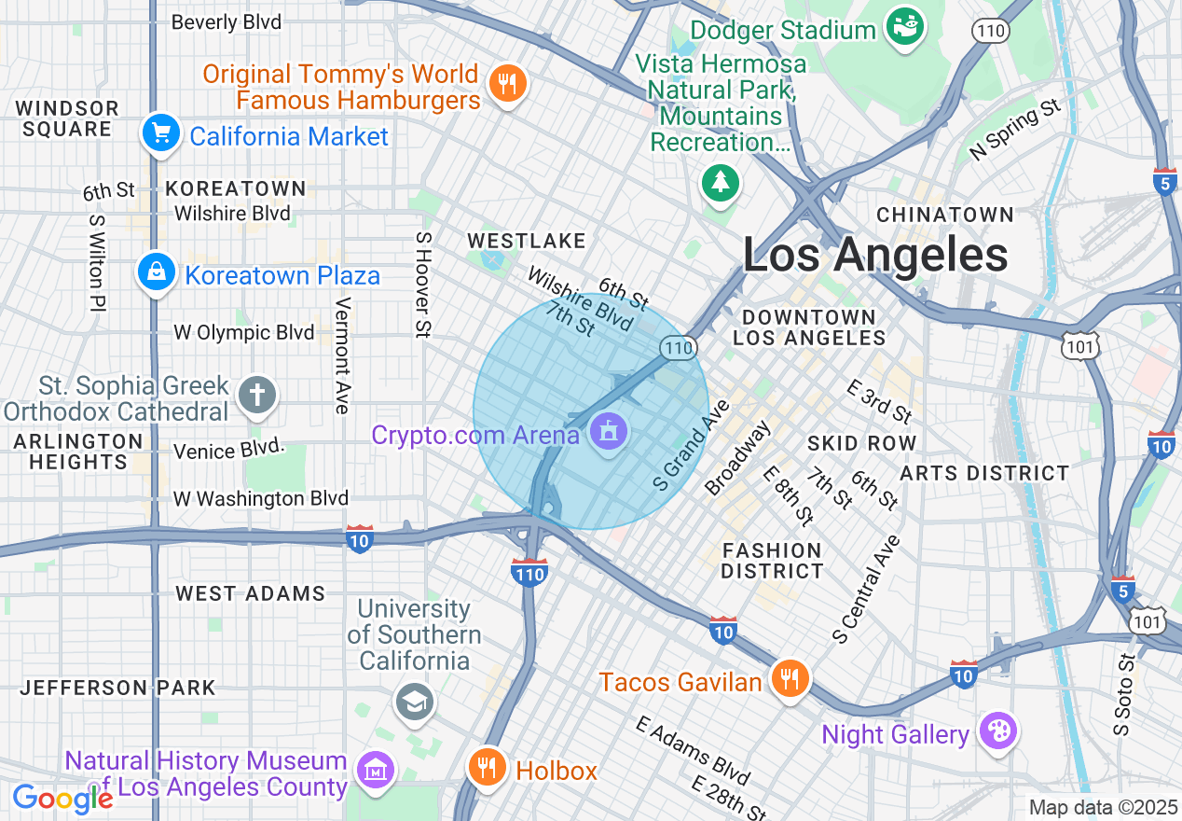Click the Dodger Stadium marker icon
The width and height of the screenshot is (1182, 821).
click(x=902, y=27)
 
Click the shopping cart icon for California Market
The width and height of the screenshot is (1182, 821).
click(x=161, y=134)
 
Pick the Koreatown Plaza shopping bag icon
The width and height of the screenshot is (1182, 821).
click(x=156, y=273)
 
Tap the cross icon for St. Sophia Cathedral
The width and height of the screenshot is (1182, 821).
click(x=257, y=395)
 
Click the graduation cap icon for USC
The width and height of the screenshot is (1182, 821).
click(x=414, y=703)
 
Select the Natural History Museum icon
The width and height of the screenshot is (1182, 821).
click(x=376, y=771)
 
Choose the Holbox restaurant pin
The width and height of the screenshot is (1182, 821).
click(x=486, y=769)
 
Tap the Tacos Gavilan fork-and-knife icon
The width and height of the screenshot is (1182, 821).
click(x=790, y=680)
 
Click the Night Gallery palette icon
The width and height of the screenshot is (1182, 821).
click(x=997, y=732)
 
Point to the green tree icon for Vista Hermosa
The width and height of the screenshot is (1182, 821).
click(x=721, y=181)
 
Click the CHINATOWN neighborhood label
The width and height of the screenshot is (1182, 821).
click(x=944, y=215)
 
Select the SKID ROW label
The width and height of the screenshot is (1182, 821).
click(x=861, y=442)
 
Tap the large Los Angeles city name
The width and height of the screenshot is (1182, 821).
click(x=874, y=254)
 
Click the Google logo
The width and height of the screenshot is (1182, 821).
click(x=62, y=799)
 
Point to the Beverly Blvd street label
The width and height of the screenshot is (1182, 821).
click(x=227, y=21)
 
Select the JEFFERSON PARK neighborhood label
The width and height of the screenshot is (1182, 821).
click(x=118, y=688)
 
